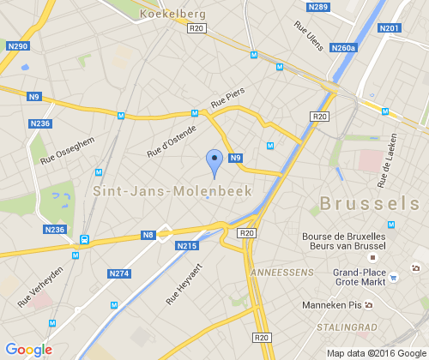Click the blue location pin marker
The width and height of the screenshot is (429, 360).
coord(214,160)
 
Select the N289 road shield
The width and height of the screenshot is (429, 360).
coord(317,7)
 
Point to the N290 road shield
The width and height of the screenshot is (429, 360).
coord(17,45)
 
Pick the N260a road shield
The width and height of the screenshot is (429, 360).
coord(342,48)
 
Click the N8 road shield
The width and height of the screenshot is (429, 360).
coord(148,234)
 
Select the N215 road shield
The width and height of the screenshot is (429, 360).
coord(186,246)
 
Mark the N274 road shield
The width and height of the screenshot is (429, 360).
coord(119,273)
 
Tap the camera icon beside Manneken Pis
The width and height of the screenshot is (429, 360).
coord(369,305)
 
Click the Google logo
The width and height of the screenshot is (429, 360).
coord(28,350)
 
